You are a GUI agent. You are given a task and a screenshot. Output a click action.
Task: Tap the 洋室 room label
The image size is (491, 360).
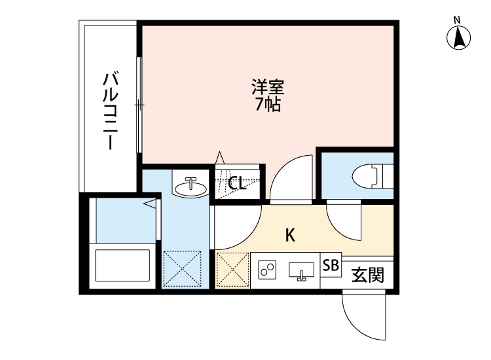(x=268, y=88)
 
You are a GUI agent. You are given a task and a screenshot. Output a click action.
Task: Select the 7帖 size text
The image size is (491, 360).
(x=268, y=105)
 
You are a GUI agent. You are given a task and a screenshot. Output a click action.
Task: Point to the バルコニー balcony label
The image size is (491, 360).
(x=109, y=111)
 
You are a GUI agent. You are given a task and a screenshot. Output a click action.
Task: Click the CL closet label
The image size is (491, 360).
(x=238, y=183)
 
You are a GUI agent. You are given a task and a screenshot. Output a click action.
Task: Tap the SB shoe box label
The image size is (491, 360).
(x=331, y=266)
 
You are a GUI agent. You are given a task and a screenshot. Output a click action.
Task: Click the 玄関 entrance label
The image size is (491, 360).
(x=367, y=274)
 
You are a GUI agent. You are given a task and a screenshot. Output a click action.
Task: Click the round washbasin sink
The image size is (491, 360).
(x=191, y=187)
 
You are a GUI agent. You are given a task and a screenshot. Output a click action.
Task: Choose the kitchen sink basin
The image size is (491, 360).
(x=302, y=270)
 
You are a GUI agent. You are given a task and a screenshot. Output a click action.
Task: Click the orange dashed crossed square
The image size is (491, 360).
(x=232, y=270)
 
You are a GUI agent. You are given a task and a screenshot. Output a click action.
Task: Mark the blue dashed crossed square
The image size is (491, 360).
(x=181, y=268)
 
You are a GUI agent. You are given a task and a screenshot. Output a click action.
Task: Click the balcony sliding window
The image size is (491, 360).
(x=139, y=105)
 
